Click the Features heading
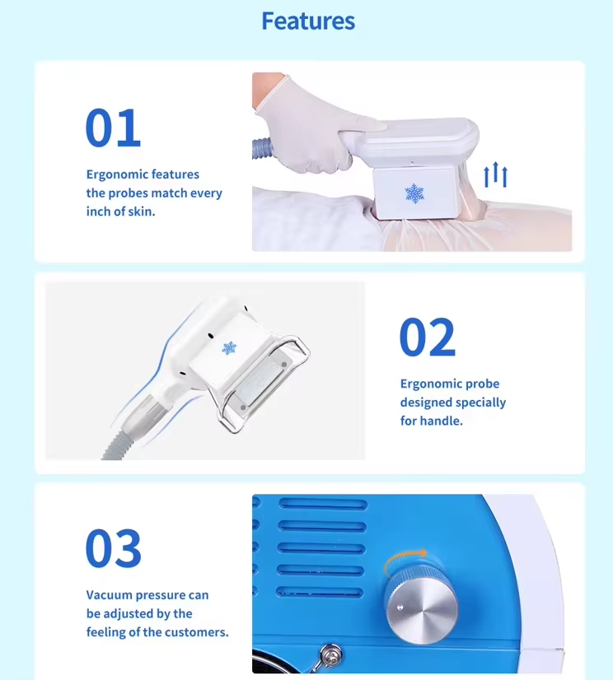click(308, 21)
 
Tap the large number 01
click(113, 128)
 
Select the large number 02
click(427, 337)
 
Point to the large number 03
click(114, 548)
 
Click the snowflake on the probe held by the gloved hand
click(414, 193)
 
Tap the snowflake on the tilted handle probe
click(229, 347)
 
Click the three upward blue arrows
click(495, 175)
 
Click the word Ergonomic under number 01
click(115, 175)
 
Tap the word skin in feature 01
click(141, 212)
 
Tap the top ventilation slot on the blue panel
click(323, 504)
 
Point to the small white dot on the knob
click(400, 608)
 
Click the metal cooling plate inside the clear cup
click(260, 384)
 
